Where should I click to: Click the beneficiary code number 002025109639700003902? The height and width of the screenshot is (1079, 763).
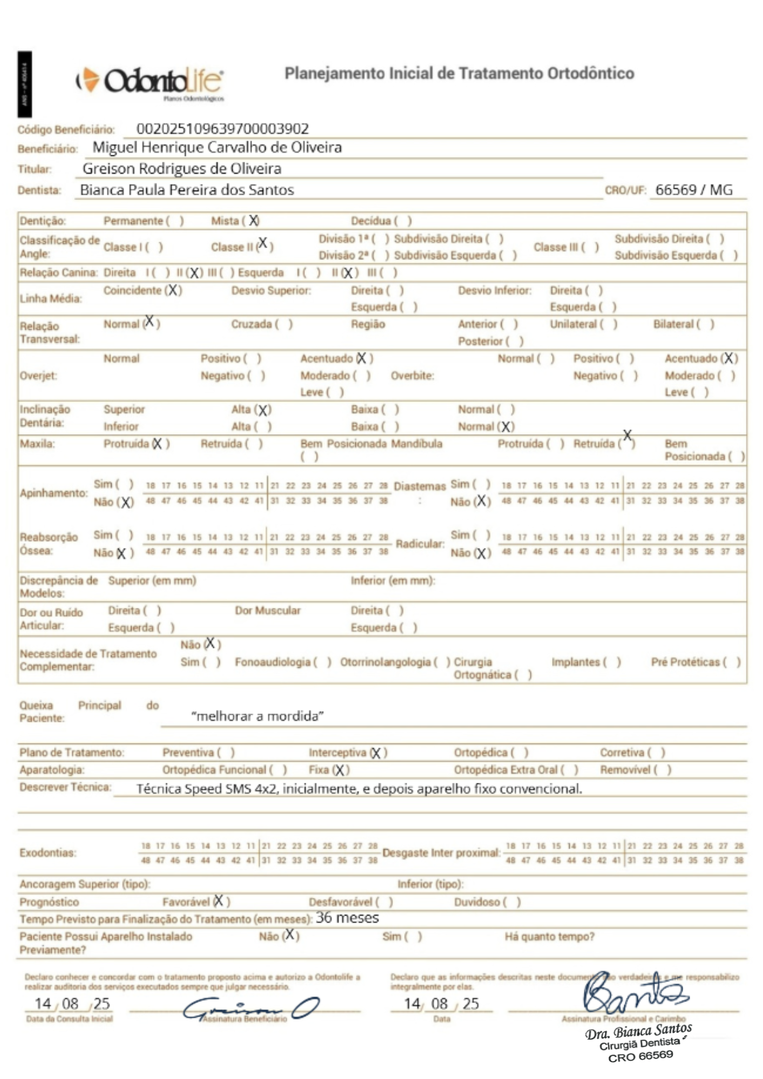tap(222, 129)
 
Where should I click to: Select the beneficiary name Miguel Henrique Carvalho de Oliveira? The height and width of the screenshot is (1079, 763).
tap(217, 147)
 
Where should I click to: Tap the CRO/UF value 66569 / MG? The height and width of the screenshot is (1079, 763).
tap(694, 190)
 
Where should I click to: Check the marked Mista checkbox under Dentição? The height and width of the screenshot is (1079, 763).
tap(253, 221)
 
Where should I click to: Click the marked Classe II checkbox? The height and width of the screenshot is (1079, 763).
tap(263, 244)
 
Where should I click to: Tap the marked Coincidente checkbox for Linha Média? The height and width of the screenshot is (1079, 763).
tap(173, 290)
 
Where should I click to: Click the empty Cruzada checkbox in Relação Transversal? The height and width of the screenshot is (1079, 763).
tap(284, 324)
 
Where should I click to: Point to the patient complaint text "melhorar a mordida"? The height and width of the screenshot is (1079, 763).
tap(257, 716)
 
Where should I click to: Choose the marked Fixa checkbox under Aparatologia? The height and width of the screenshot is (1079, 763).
tap(341, 770)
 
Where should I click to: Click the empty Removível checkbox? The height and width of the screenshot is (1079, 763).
tap(663, 770)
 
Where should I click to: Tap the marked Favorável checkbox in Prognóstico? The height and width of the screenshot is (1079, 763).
tap(220, 901)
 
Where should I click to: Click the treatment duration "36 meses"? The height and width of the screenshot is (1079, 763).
tap(348, 918)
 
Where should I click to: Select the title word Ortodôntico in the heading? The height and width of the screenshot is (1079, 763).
tap(591, 73)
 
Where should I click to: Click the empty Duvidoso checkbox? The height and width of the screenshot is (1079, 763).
tap(512, 902)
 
